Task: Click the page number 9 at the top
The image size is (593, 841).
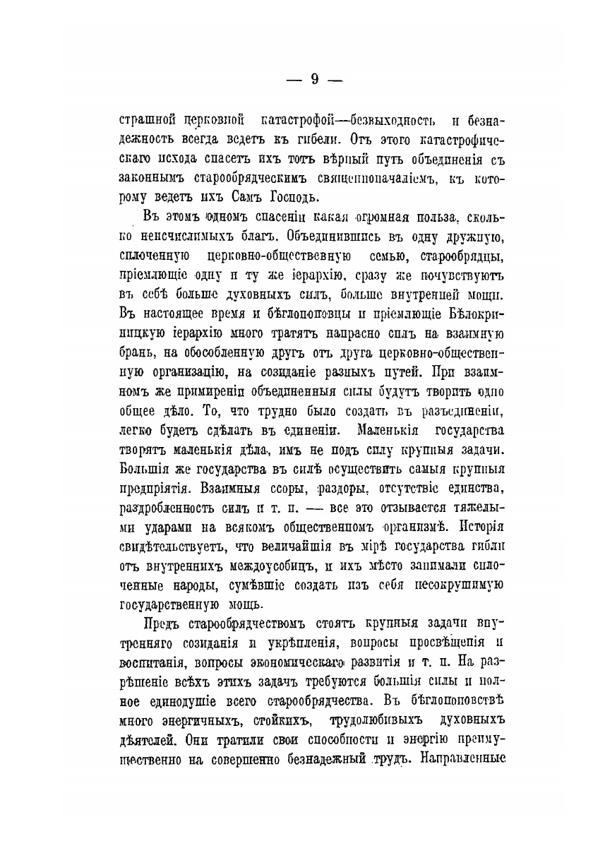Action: [x=314, y=80]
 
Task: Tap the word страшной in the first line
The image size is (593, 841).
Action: [x=145, y=119]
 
